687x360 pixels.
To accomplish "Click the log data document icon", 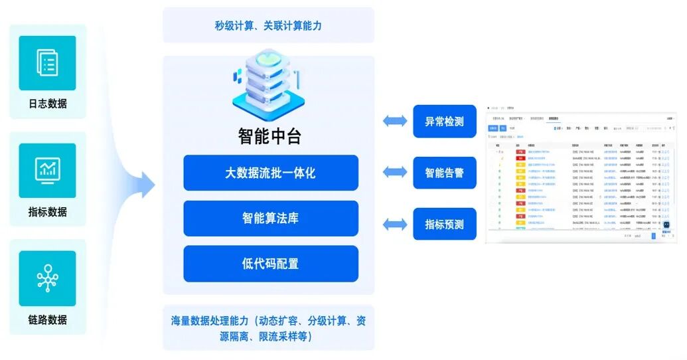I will (47, 63).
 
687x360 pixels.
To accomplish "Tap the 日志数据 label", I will (48, 104).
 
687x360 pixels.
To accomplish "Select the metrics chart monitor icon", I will (47, 170).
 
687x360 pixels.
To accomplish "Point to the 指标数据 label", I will (48, 212).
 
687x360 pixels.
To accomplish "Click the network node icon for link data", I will (47, 278).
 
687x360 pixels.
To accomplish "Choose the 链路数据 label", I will (48, 319).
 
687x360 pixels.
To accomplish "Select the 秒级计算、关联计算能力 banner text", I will (268, 26).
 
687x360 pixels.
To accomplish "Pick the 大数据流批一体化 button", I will (270, 173).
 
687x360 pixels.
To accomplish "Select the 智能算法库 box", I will (270, 218).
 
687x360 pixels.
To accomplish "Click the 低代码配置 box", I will (270, 264).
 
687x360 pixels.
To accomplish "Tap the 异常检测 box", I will (444, 122).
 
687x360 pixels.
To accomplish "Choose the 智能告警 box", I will (444, 173).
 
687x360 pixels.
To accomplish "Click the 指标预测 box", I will (444, 225).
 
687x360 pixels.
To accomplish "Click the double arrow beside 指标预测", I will (395, 225).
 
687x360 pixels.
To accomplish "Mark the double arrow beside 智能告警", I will (395, 173).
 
